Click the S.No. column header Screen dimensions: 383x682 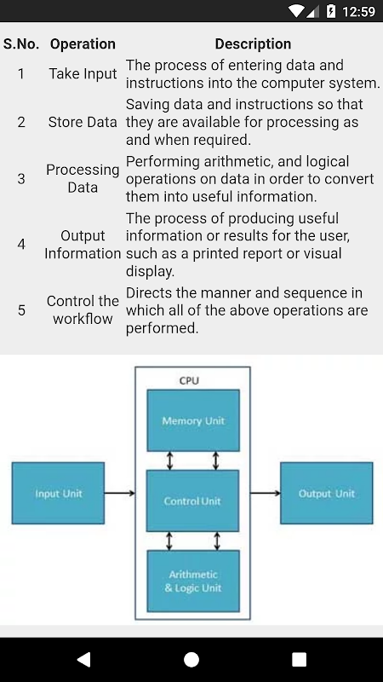click(20, 44)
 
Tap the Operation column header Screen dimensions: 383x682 click(83, 44)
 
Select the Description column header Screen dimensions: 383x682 click(253, 44)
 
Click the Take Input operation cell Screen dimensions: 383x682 click(83, 73)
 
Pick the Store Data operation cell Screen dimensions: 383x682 click(83, 122)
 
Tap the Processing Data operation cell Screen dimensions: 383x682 click(83, 179)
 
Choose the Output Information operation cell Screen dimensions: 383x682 click(83, 245)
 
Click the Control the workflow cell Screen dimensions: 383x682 click(83, 309)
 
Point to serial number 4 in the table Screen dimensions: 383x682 click(21, 245)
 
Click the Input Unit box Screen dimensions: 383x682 click(58, 494)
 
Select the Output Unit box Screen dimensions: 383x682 click(327, 494)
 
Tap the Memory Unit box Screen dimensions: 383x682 click(193, 420)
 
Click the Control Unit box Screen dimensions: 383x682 click(192, 500)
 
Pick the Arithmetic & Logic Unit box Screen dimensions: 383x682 click(193, 581)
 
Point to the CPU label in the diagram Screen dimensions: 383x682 click(189, 380)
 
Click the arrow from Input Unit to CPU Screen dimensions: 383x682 click(120, 493)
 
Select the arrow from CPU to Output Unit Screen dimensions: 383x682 click(266, 493)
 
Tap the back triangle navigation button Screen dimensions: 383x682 click(83, 659)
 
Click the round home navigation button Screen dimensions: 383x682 click(191, 659)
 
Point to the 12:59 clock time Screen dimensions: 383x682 click(358, 11)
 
